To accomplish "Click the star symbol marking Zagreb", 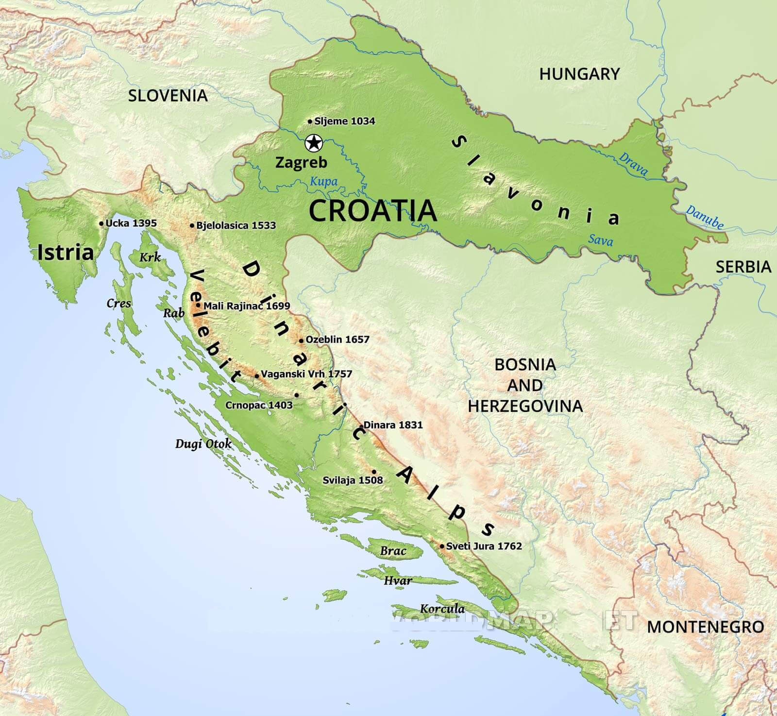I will pyautogui.click(x=314, y=143).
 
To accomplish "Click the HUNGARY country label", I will pyautogui.click(x=579, y=74).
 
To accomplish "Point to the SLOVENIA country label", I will pyautogui.click(x=168, y=96).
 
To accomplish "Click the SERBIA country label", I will pyautogui.click(x=743, y=267).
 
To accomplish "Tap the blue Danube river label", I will pyautogui.click(x=705, y=217).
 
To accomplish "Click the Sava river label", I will pyautogui.click(x=600, y=240).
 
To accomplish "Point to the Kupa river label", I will pyautogui.click(x=323, y=182).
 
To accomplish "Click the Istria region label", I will pyautogui.click(x=66, y=253).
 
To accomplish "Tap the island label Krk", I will pyautogui.click(x=150, y=257).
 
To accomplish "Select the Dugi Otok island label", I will pyautogui.click(x=203, y=444).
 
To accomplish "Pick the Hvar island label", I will pyautogui.click(x=398, y=580).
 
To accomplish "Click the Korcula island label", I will pyautogui.click(x=442, y=609).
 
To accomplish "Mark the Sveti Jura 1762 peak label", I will pyautogui.click(x=484, y=546).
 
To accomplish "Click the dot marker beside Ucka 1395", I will pyautogui.click(x=101, y=223).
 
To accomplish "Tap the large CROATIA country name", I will pyautogui.click(x=372, y=211).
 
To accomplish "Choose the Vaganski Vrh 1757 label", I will pyautogui.click(x=306, y=374).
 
